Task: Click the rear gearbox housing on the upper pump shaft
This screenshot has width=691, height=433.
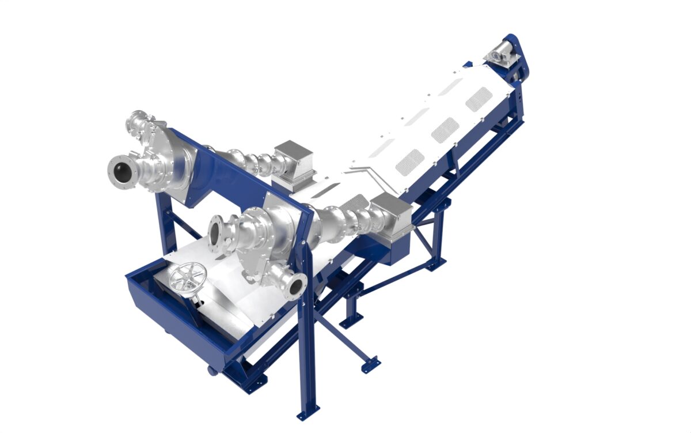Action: [294, 160]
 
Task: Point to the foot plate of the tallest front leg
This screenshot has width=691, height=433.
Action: [308, 413]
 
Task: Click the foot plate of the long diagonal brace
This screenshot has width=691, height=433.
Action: [370, 364]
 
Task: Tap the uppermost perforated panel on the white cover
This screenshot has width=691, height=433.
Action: [478, 99]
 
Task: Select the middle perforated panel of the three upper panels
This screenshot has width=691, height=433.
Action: [445, 130]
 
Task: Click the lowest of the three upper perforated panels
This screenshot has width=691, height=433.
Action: [410, 162]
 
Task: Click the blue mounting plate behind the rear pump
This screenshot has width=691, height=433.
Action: [222, 173]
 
